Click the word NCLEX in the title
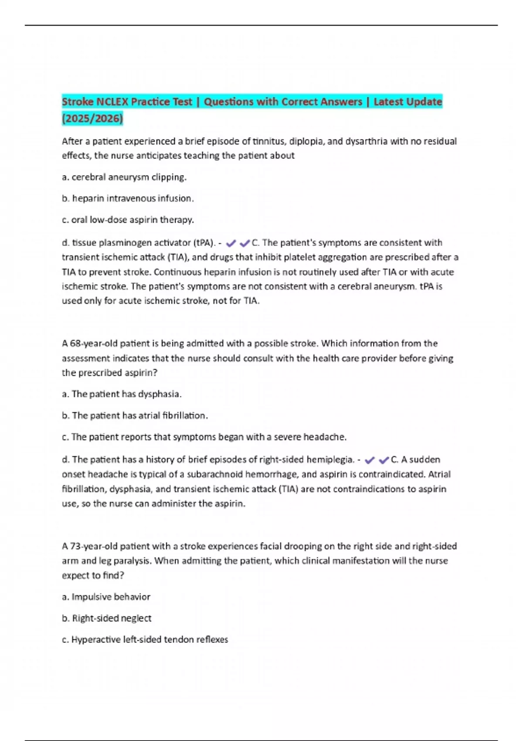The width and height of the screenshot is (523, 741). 112,102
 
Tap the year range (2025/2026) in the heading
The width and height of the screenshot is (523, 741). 92,118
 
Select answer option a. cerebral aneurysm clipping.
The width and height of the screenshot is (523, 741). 124,177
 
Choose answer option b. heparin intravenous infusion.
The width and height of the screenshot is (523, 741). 128,198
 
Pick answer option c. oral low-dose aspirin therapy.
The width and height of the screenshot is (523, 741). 128,220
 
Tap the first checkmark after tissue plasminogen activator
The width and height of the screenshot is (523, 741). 231,243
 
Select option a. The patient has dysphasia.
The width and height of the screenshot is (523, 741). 122,394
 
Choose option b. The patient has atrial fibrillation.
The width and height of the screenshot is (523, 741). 135,415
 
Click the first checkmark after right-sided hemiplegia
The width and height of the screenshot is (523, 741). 370,460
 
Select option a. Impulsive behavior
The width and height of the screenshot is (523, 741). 106,597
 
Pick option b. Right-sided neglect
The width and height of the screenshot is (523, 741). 107,618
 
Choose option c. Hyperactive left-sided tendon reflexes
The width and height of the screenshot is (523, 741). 145,639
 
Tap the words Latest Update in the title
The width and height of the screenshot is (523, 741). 408,102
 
